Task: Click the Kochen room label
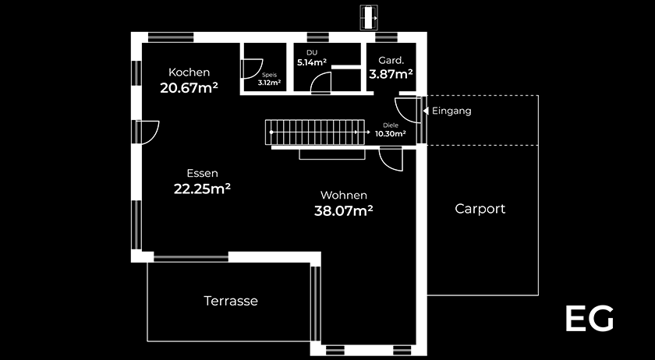[x=189, y=72]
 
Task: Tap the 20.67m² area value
[x=189, y=88]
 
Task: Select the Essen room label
[x=202, y=173]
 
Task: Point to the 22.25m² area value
[x=202, y=189]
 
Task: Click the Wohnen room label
[x=344, y=195]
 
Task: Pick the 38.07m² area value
[x=343, y=211]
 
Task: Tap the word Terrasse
[x=231, y=301]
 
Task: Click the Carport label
[x=480, y=208]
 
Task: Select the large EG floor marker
[x=589, y=318]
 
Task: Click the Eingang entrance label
[x=451, y=111]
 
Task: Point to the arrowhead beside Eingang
[x=426, y=111]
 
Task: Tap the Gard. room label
[x=391, y=60]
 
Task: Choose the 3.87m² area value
[x=391, y=74]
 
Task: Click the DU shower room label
[x=312, y=53]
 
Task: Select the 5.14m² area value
[x=312, y=62]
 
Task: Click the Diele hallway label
[x=391, y=125]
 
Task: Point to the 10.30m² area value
[x=391, y=134]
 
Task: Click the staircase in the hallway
[x=314, y=132]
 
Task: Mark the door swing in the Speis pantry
[x=252, y=69]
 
